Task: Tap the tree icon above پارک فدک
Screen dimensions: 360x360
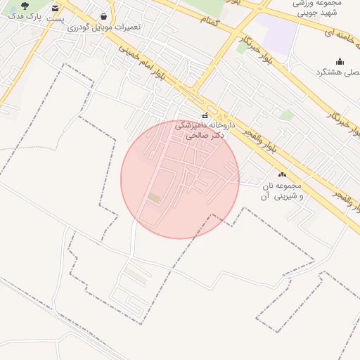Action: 25,5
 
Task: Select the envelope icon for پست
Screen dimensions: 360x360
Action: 56,8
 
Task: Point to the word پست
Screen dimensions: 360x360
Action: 56,20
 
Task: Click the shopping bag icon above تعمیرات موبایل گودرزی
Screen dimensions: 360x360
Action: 104,15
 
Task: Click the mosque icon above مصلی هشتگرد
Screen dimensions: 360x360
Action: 340,61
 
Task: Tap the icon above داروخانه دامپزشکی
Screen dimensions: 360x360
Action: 205,115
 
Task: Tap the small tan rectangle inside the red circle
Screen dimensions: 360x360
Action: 154,198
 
